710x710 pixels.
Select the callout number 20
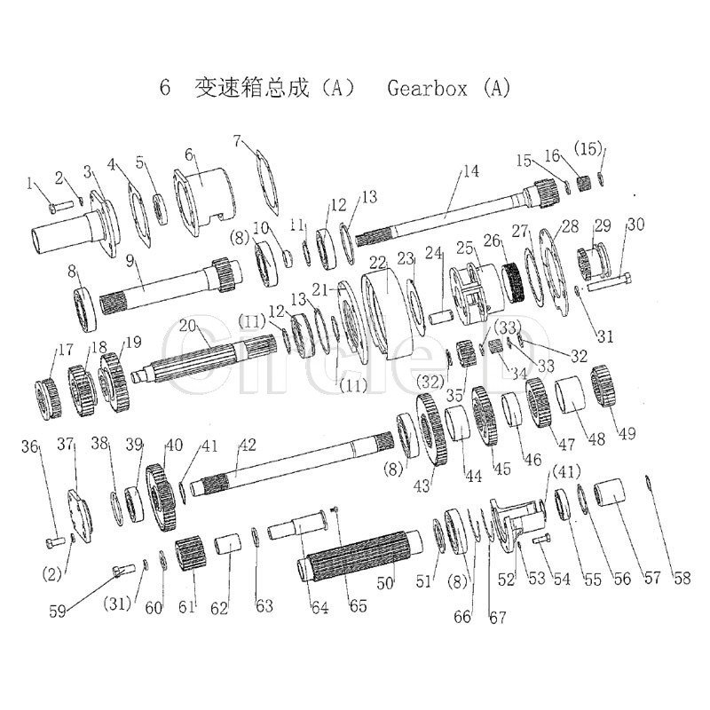(x=186, y=327)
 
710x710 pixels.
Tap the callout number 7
(x=238, y=141)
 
